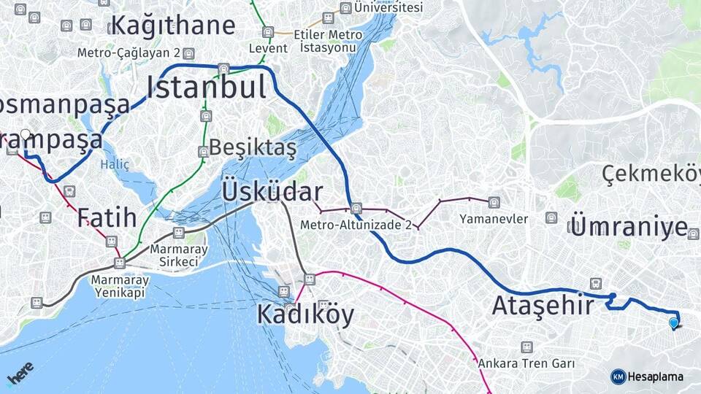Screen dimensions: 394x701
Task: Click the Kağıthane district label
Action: pyautogui.click(x=173, y=25)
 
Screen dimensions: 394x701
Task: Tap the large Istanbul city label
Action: pyautogui.click(x=207, y=88)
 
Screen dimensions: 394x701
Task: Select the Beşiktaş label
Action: pyautogui.click(x=253, y=148)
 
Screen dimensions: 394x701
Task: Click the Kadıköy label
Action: pyautogui.click(x=305, y=314)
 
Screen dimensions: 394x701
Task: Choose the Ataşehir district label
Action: pyautogui.click(x=543, y=305)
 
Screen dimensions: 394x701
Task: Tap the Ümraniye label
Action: pyautogui.click(x=629, y=226)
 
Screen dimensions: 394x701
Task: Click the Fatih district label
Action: pyautogui.click(x=107, y=217)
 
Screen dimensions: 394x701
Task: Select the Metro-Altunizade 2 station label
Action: pyautogui.click(x=356, y=225)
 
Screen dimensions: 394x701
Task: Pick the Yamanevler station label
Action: pyautogui.click(x=494, y=218)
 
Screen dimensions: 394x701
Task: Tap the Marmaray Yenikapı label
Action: pyautogui.click(x=120, y=286)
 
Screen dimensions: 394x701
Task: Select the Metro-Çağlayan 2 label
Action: pyautogui.click(x=129, y=53)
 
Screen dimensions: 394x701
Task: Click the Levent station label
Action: pyautogui.click(x=268, y=48)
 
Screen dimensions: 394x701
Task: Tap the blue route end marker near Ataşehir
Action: pyautogui.click(x=673, y=322)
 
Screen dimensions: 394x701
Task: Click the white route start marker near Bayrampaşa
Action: pyautogui.click(x=26, y=134)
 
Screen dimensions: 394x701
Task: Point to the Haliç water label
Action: pyautogui.click(x=115, y=165)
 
